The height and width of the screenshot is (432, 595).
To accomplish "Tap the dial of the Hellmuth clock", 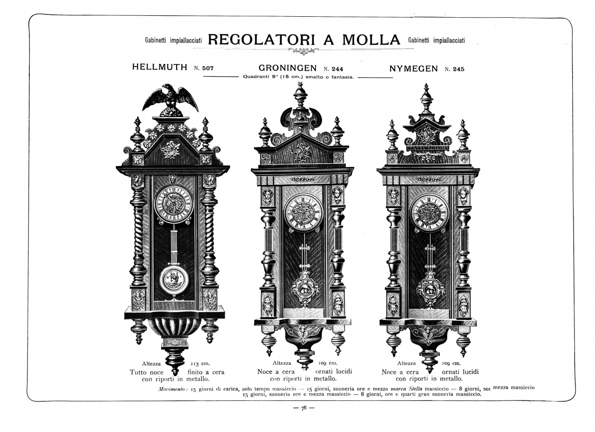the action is pos(174,204).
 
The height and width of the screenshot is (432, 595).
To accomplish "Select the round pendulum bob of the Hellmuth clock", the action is pos(174,280).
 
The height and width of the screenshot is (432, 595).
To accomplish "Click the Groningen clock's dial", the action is pos(303,213).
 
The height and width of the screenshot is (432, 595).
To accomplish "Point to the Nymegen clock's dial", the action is pos(430,213).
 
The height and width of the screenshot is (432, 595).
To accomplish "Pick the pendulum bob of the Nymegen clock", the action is pos(430,288).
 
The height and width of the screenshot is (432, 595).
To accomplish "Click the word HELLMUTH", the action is pos(159,67).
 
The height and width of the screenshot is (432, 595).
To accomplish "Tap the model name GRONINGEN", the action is pos(287,68).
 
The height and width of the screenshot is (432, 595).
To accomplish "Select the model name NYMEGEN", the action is pos(413,69).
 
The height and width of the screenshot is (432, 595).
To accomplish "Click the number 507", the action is pos(208,68).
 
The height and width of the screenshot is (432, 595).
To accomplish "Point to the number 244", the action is pos(337,69).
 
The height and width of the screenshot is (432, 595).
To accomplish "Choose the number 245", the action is pos(458,69).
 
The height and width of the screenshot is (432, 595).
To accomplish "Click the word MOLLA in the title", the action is pos(371,40).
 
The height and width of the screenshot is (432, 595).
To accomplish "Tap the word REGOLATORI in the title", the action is pos(261,40).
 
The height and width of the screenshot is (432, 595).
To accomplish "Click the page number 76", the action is pos(304,408).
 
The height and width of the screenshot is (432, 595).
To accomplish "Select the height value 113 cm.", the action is pos(200,364).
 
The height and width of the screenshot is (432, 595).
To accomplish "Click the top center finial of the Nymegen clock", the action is pos(426,98).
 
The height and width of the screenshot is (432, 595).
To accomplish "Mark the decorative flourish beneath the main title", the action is pos(304,51).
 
